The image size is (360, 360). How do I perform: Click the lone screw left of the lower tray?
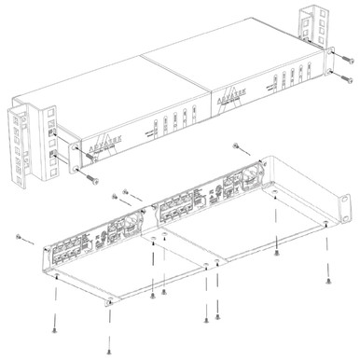pos(19,237)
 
